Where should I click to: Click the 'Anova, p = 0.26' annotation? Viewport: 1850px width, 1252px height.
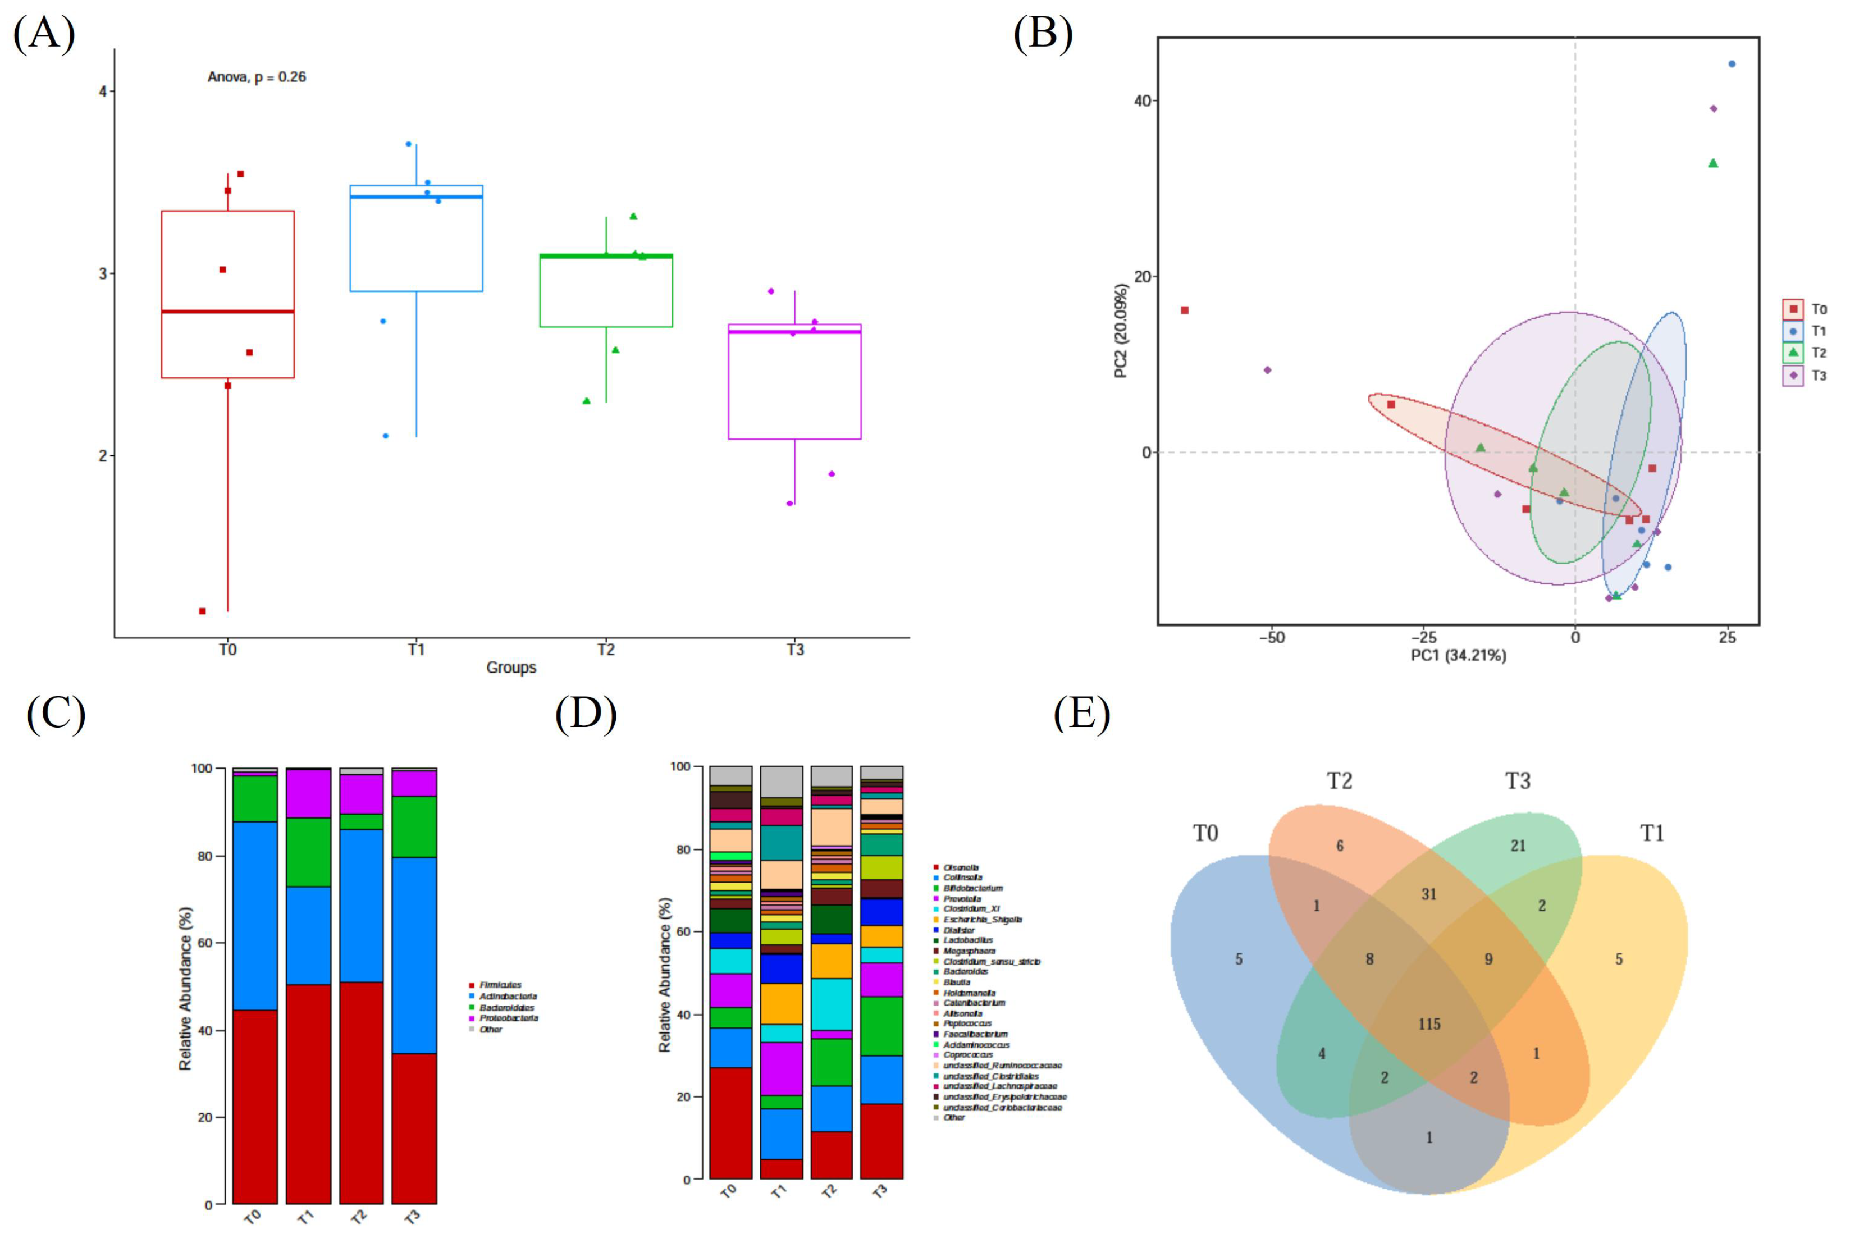tap(257, 77)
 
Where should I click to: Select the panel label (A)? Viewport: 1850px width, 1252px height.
tap(44, 34)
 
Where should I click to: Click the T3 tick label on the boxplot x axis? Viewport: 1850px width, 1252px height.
tap(795, 650)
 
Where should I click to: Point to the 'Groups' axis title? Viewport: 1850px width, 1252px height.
tap(511, 668)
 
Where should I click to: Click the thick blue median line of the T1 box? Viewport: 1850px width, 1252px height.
tap(417, 197)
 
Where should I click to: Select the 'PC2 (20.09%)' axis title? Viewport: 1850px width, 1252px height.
tap(1121, 330)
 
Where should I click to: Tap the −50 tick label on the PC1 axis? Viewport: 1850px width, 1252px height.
tap(1271, 638)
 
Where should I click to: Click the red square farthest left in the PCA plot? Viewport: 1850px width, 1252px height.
tap(1185, 310)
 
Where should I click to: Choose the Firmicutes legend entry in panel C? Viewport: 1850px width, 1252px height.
tap(499, 985)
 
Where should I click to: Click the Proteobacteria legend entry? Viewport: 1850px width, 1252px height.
tap(508, 1018)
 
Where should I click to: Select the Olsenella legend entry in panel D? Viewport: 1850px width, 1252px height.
tap(960, 867)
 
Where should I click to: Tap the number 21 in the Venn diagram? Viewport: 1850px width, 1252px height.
tap(1518, 846)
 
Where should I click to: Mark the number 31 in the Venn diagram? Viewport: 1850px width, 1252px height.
tap(1429, 894)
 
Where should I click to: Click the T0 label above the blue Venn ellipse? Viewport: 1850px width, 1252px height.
tap(1205, 833)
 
